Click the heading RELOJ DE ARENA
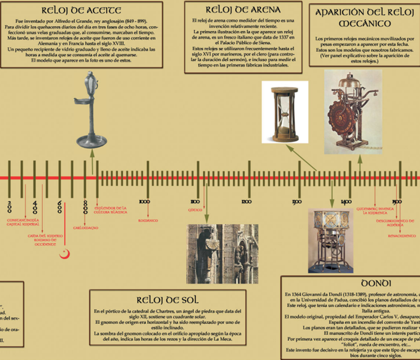[x=236, y=9]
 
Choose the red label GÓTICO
[x=194, y=209]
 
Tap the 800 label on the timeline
[x=86, y=207]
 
